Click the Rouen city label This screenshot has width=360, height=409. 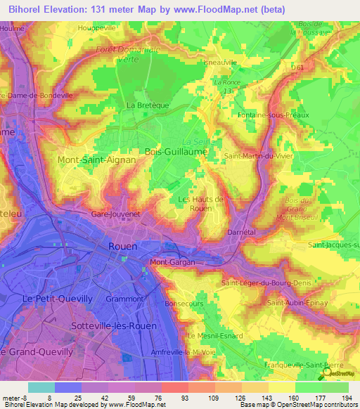[123, 246]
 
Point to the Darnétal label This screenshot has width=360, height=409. [240, 231]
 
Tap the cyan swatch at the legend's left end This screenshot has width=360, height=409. [41, 387]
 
